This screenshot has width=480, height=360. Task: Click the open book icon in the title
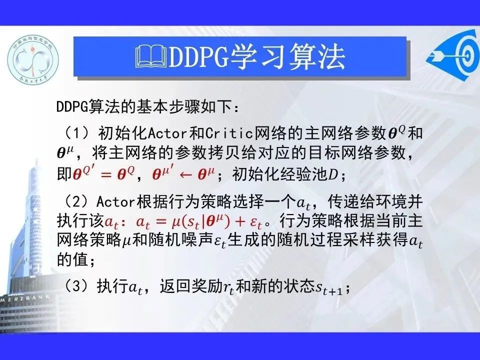[x=151, y=56]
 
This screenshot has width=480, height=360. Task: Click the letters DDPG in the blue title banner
[x=198, y=57]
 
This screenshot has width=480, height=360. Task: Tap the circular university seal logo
[x=33, y=59]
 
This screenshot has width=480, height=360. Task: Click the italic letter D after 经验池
[x=333, y=175]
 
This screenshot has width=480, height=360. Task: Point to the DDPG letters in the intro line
[x=72, y=107]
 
